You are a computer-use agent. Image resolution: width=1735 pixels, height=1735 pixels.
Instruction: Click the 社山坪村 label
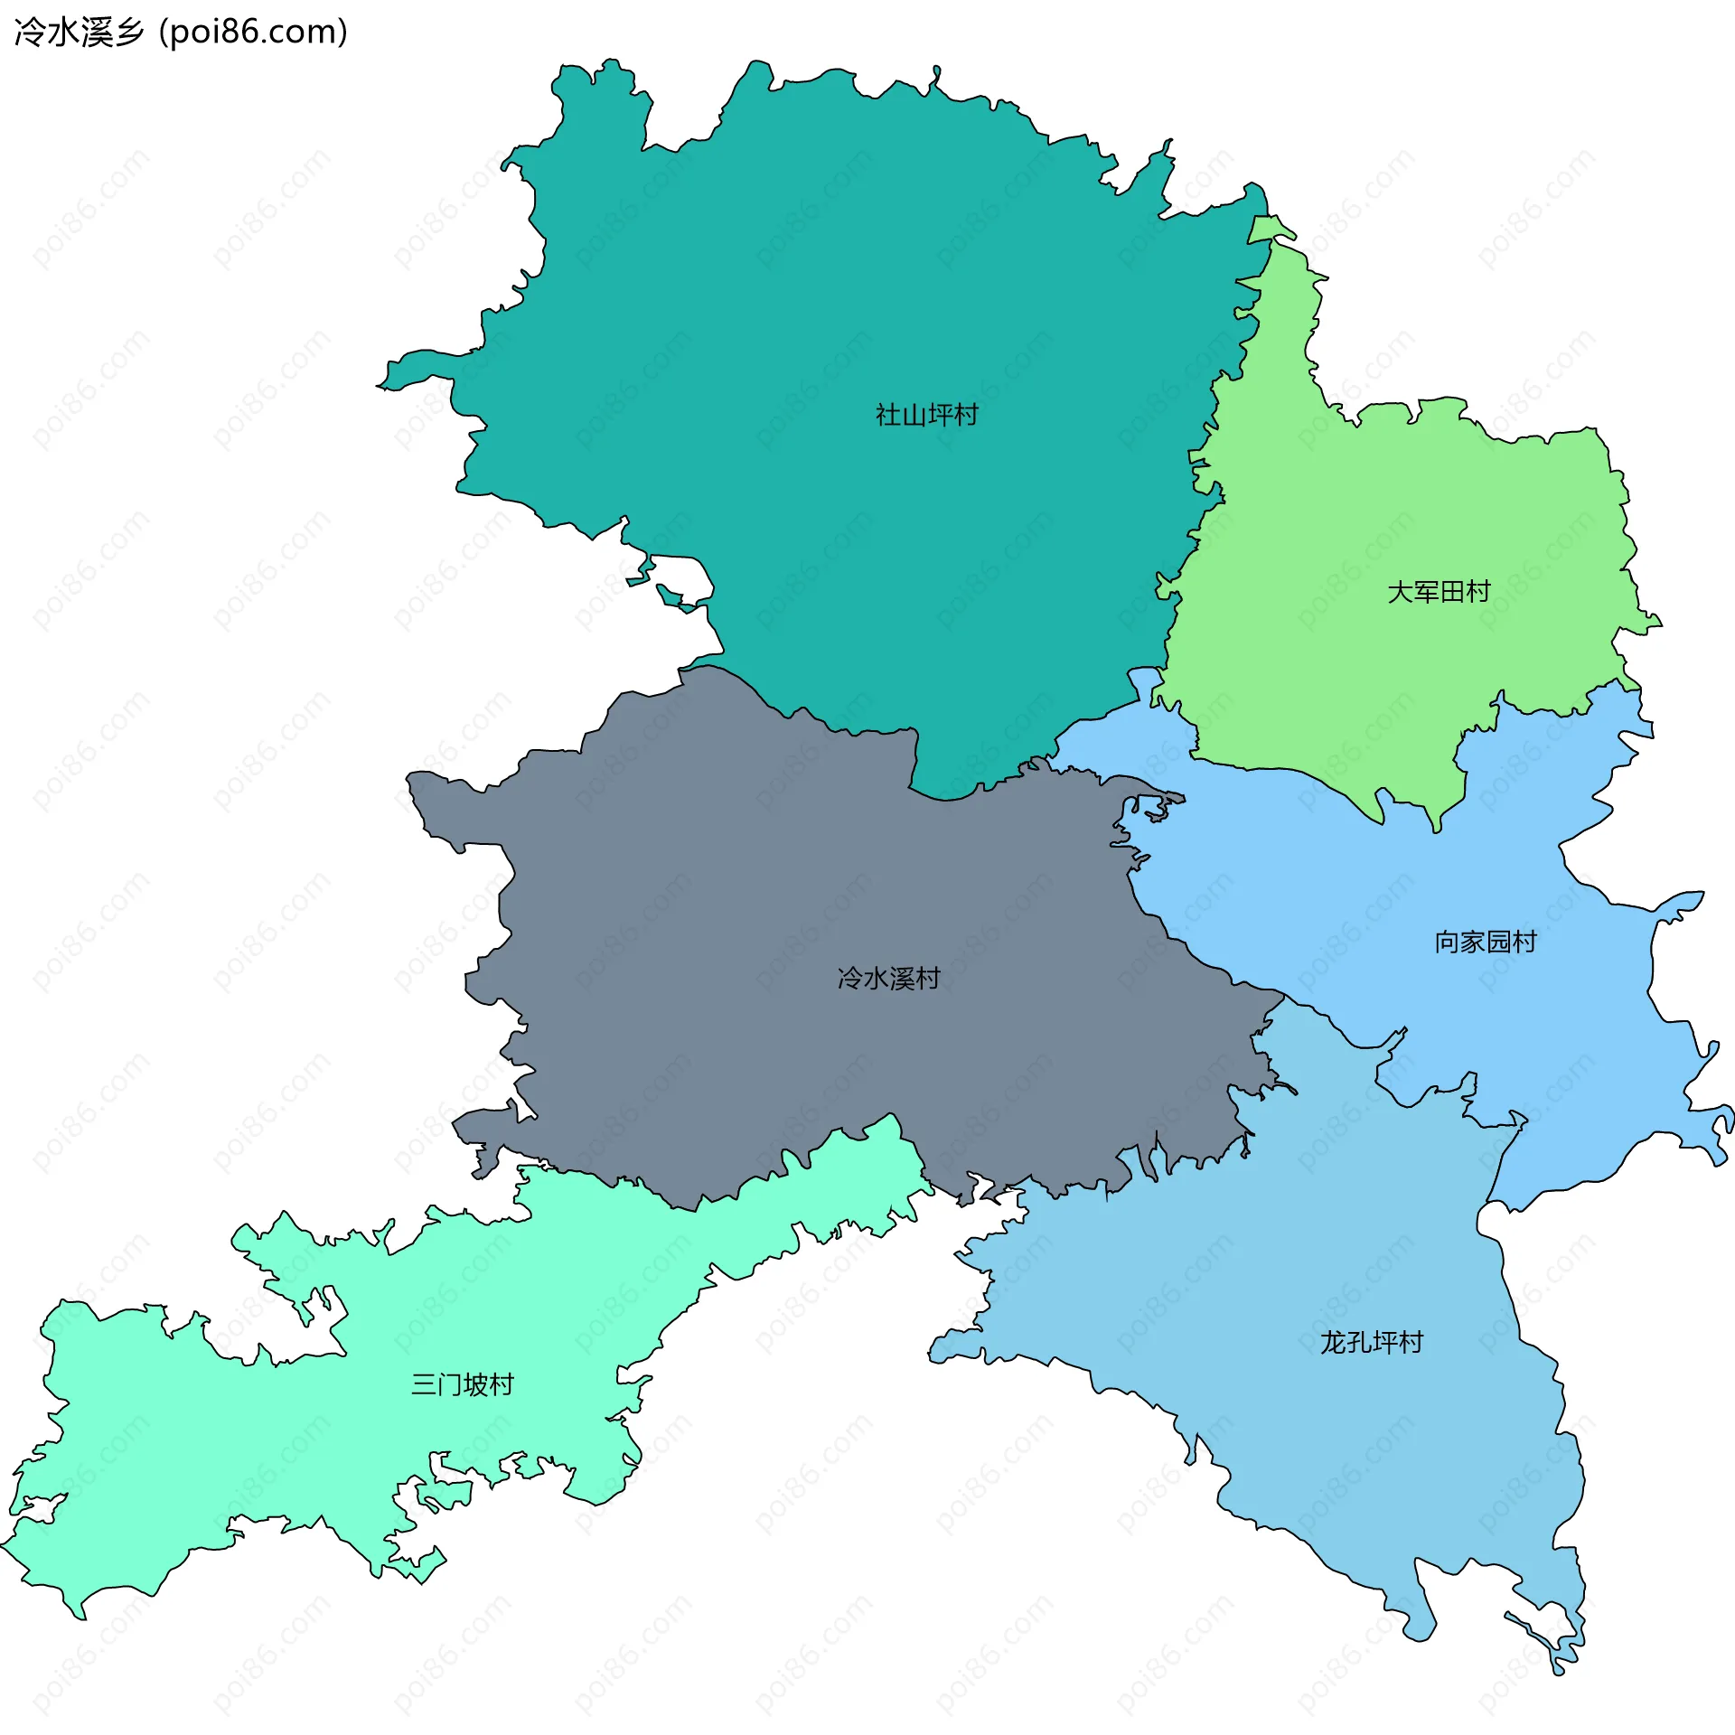(x=926, y=415)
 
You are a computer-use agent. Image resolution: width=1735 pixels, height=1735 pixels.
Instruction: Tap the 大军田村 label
(x=1439, y=592)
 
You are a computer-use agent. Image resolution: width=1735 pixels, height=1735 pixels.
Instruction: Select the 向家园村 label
(x=1486, y=942)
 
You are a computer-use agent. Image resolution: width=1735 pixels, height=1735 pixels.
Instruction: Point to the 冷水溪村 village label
(x=888, y=978)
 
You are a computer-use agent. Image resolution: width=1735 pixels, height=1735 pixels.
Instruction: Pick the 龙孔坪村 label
(x=1371, y=1342)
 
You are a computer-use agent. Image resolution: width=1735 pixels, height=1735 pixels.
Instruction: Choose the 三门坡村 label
(x=462, y=1384)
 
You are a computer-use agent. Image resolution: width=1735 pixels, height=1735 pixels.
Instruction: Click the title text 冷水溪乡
(x=80, y=33)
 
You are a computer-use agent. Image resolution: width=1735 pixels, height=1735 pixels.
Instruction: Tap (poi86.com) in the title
(x=253, y=33)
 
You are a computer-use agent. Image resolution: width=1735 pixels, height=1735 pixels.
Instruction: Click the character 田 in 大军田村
(x=1451, y=592)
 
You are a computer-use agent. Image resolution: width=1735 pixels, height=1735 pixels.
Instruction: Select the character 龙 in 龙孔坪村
(x=1333, y=1342)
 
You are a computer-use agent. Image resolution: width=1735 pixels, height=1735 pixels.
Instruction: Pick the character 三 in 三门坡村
(x=424, y=1384)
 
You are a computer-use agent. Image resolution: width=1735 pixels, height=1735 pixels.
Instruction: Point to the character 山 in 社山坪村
(x=914, y=415)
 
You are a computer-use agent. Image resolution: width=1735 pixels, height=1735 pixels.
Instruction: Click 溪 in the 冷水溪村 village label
(x=901, y=978)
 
